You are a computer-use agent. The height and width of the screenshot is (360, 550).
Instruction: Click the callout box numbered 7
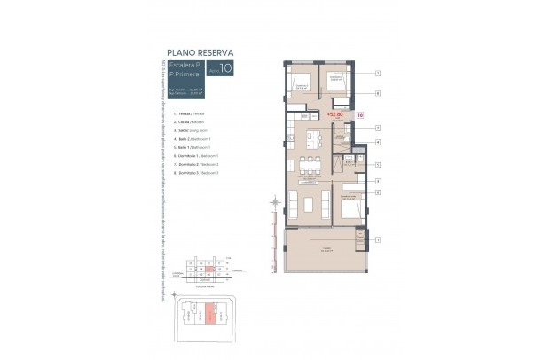[377, 73]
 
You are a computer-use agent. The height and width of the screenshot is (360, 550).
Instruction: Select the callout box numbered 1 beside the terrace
[377, 240]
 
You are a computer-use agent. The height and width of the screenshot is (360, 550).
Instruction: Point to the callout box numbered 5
[377, 165]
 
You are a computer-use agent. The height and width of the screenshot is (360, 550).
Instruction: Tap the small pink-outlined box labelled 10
[360, 114]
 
